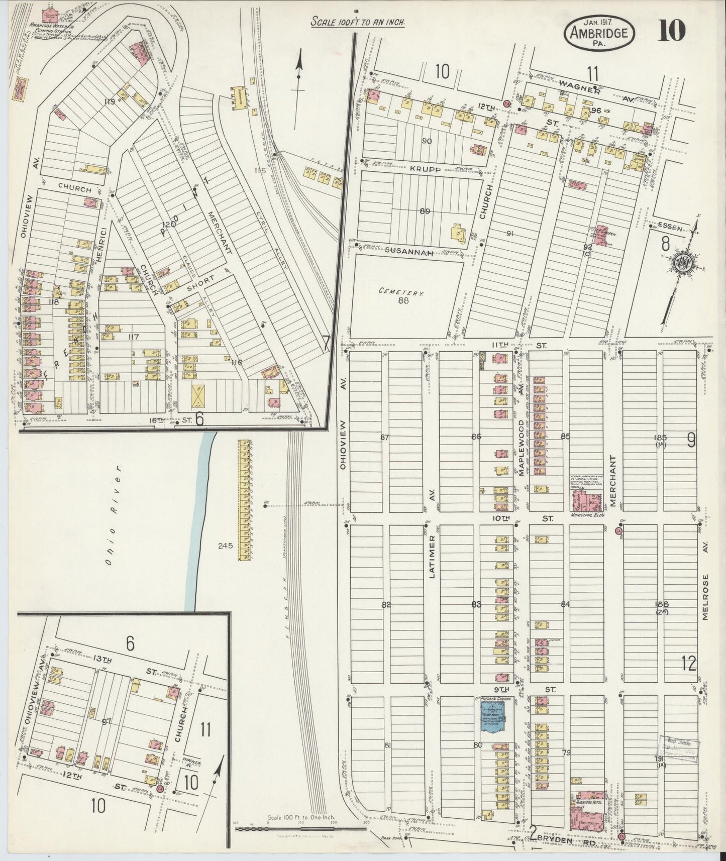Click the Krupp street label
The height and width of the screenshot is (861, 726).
(428, 170)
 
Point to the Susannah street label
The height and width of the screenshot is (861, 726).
(409, 253)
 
